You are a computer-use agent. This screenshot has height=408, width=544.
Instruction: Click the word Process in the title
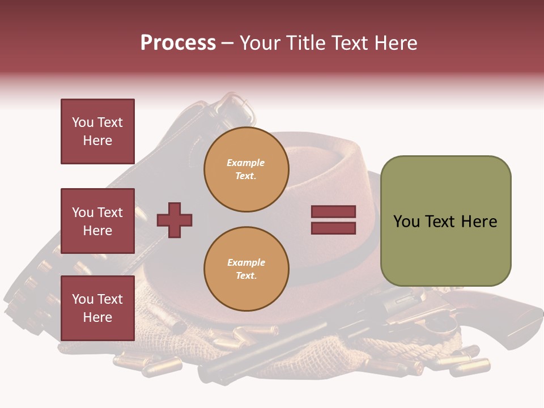[178, 43]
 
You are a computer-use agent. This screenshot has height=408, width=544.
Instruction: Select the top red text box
[97, 131]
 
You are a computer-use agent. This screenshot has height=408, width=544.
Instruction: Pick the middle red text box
[97, 221]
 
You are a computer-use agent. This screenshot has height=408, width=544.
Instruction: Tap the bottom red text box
[97, 308]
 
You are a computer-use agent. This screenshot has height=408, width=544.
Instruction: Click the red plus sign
[175, 220]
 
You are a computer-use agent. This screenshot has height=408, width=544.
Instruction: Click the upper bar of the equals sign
[333, 212]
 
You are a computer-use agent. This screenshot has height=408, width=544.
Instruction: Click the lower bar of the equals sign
[333, 228]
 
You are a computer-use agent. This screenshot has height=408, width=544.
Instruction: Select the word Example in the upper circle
[245, 163]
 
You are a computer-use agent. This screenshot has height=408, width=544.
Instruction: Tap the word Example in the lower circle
[246, 262]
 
